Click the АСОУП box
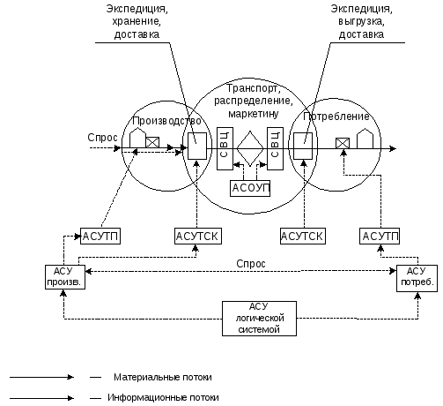click(250, 188)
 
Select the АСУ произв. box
click(65, 277)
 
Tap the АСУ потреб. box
click(417, 278)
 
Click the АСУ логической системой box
click(259, 319)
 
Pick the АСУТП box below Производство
click(100, 236)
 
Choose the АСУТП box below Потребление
click(380, 236)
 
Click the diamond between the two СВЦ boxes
click(250, 148)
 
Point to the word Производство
click(166, 121)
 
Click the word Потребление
click(336, 117)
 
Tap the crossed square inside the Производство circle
click(152, 142)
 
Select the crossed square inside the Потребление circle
click(343, 143)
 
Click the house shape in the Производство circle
click(137, 138)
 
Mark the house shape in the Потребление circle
click(365, 139)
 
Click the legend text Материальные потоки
click(163, 377)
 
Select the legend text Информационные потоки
click(163, 398)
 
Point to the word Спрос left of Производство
click(102, 138)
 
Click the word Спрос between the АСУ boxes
click(251, 264)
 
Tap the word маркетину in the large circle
click(254, 114)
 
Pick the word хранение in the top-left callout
click(137, 22)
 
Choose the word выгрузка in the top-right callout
click(361, 22)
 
